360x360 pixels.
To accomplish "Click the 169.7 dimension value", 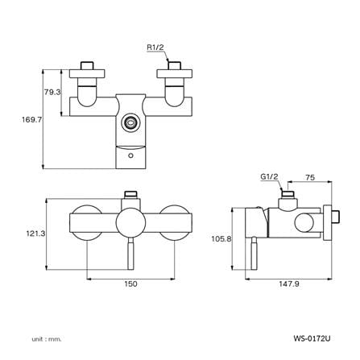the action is click(x=32, y=119).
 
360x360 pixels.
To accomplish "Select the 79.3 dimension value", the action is click(x=52, y=93).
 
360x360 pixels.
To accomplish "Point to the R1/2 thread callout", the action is click(x=155, y=48).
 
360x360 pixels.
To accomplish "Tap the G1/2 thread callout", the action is click(x=269, y=176).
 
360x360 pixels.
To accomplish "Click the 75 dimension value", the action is click(x=310, y=177).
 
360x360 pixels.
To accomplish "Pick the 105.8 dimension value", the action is click(x=221, y=238).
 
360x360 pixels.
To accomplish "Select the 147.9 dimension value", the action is click(x=289, y=283).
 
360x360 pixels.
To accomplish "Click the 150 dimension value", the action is click(x=130, y=283).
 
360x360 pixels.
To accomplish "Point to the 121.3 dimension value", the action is click(x=35, y=234).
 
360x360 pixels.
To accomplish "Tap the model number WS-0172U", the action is click(x=312, y=338).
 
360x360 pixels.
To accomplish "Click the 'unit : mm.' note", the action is click(x=47, y=339).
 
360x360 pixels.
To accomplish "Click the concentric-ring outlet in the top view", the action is click(x=130, y=122).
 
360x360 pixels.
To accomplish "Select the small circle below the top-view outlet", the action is click(x=130, y=155).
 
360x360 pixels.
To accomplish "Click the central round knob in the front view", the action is click(x=130, y=222).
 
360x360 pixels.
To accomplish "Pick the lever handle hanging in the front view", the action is click(x=130, y=254).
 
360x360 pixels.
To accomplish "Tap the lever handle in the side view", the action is click(x=254, y=254).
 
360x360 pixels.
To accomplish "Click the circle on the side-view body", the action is click(x=304, y=222).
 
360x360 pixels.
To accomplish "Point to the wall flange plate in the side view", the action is click(x=328, y=222).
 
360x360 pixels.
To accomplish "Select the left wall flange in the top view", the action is click(x=87, y=73).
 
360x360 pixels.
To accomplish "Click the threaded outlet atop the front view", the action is click(x=130, y=194).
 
